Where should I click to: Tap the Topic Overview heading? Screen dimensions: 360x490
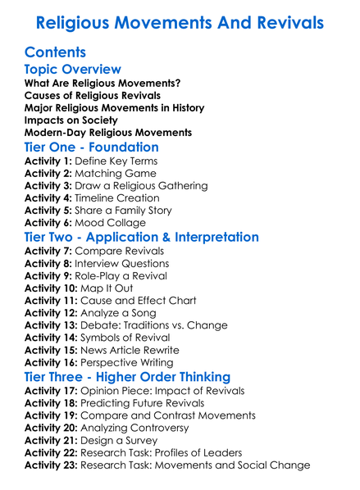coord(73,70)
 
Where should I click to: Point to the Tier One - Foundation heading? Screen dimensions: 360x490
coord(92,147)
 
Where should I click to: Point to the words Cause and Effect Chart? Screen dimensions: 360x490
coord(142,301)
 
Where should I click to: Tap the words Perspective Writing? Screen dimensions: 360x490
coord(135,362)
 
